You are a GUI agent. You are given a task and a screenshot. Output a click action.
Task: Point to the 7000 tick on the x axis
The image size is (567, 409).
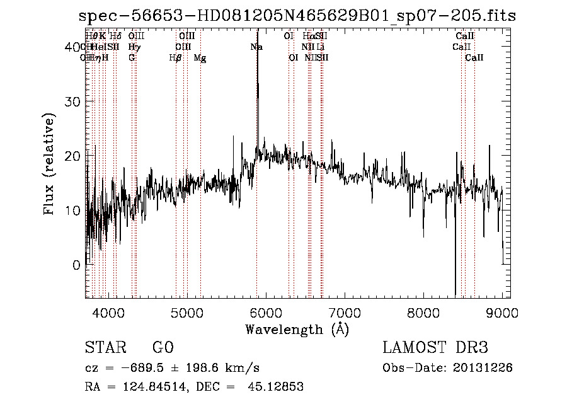pos(345,313)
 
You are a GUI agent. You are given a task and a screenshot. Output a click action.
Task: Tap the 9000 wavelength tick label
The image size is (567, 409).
pos(502,313)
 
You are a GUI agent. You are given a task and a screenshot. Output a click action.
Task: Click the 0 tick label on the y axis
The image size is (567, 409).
pos(76,265)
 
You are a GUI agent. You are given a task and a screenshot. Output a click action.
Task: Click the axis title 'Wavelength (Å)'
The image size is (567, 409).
pos(297,328)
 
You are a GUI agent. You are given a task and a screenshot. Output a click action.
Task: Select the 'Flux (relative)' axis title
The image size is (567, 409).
pos(50,163)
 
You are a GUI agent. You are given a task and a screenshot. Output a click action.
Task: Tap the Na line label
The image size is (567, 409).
pos(256,47)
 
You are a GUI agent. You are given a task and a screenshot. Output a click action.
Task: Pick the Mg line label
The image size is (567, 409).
pos(200,58)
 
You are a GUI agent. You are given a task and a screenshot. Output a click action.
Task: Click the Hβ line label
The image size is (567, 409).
pos(176,58)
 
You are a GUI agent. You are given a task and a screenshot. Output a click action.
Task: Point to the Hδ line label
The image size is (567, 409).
pos(115,37)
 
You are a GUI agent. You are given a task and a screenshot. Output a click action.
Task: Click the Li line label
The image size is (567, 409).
pos(321,47)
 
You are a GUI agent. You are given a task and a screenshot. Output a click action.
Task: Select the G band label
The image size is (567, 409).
pos(132,58)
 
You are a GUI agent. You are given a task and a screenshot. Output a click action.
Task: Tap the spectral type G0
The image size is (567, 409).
pos(163,348)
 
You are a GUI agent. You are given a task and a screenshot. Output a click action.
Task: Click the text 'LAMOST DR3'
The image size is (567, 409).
pos(435,348)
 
